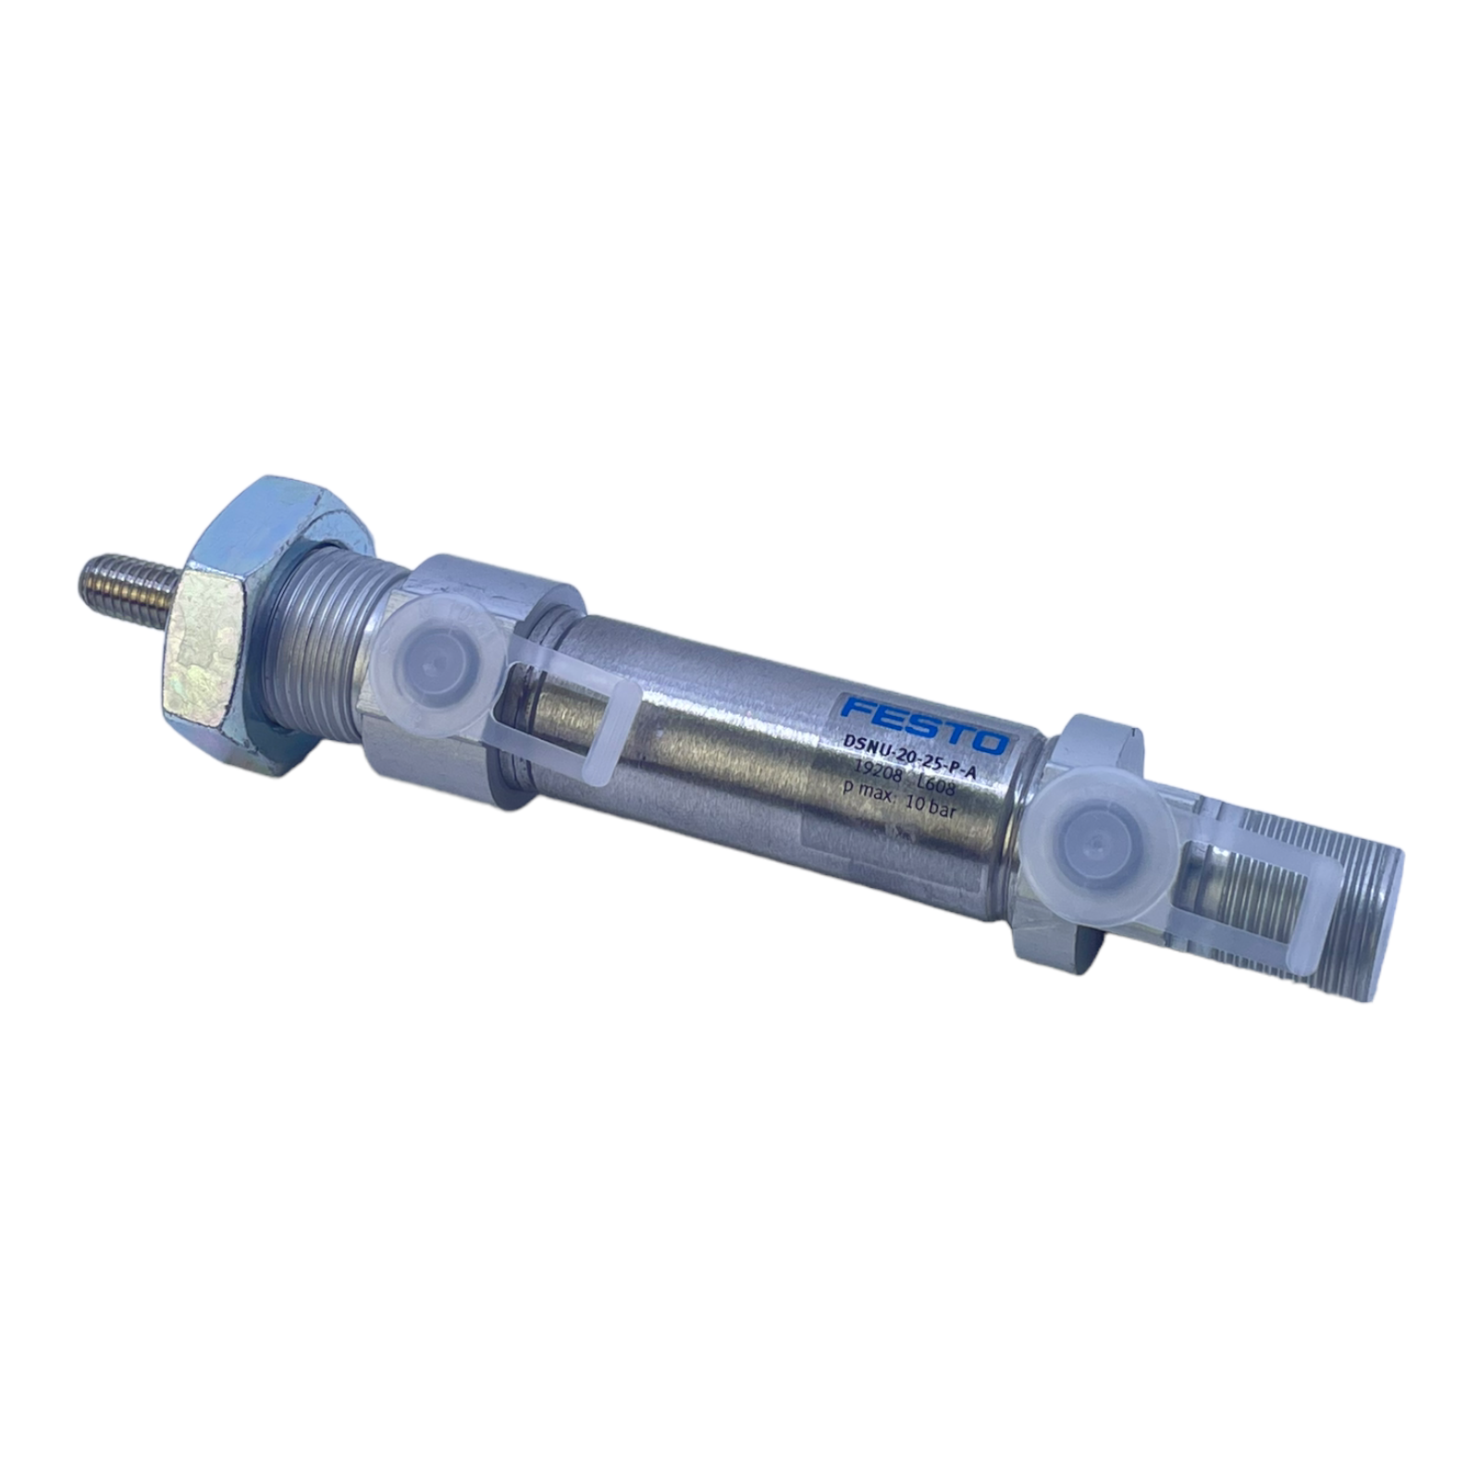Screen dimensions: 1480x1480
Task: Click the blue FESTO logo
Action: click(x=924, y=726)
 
